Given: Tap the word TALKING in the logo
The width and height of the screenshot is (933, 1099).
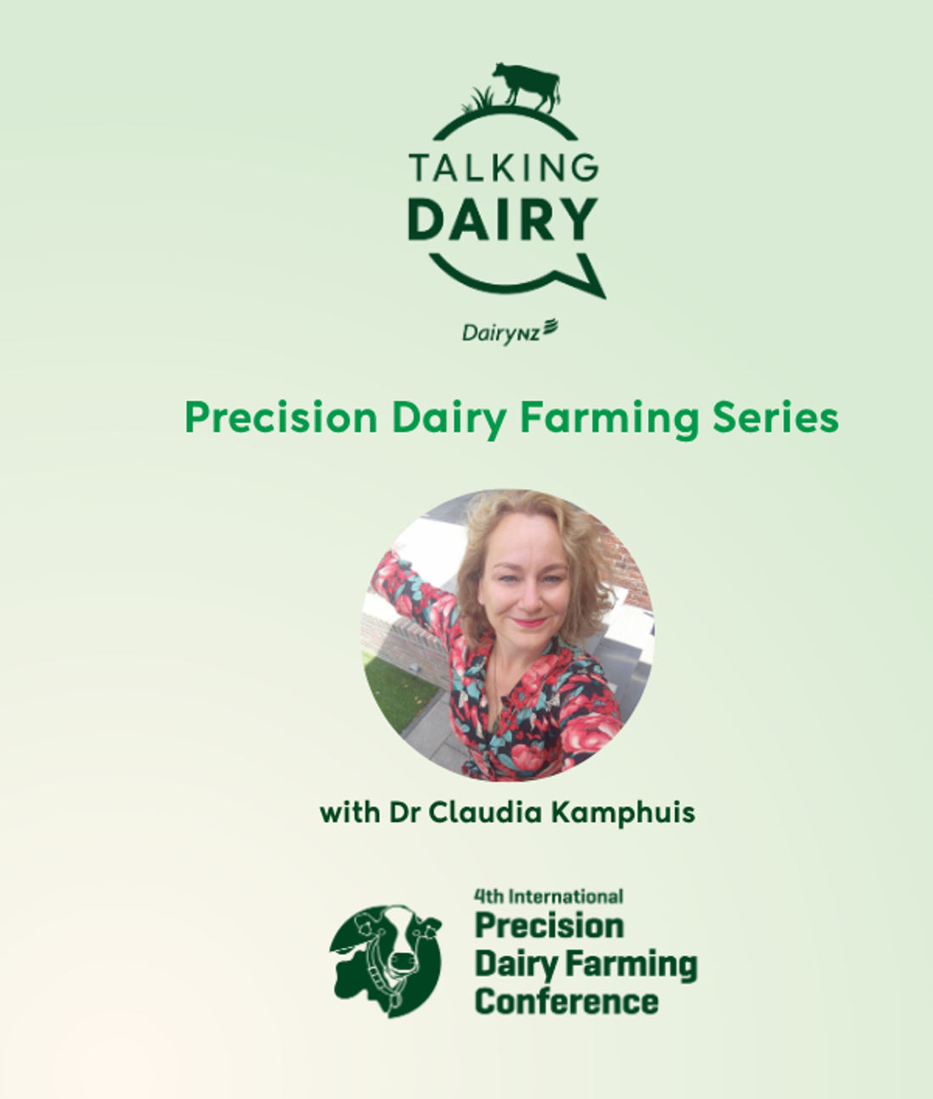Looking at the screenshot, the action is (x=503, y=168).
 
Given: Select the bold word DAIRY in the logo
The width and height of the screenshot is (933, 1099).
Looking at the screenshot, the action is (x=503, y=219).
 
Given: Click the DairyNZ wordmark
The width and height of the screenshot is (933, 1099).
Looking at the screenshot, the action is (x=510, y=332).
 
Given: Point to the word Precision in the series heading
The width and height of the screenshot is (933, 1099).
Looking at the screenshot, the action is (x=281, y=417).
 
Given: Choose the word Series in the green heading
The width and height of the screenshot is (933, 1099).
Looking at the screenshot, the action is (x=775, y=417).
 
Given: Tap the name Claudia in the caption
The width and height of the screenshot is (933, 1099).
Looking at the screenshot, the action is (x=486, y=812).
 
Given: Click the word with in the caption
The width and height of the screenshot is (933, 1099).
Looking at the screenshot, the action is (x=350, y=812).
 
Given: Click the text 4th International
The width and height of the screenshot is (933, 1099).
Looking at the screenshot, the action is (x=549, y=896).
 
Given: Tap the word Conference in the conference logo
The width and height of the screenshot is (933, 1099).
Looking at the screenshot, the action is (x=567, y=1001).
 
